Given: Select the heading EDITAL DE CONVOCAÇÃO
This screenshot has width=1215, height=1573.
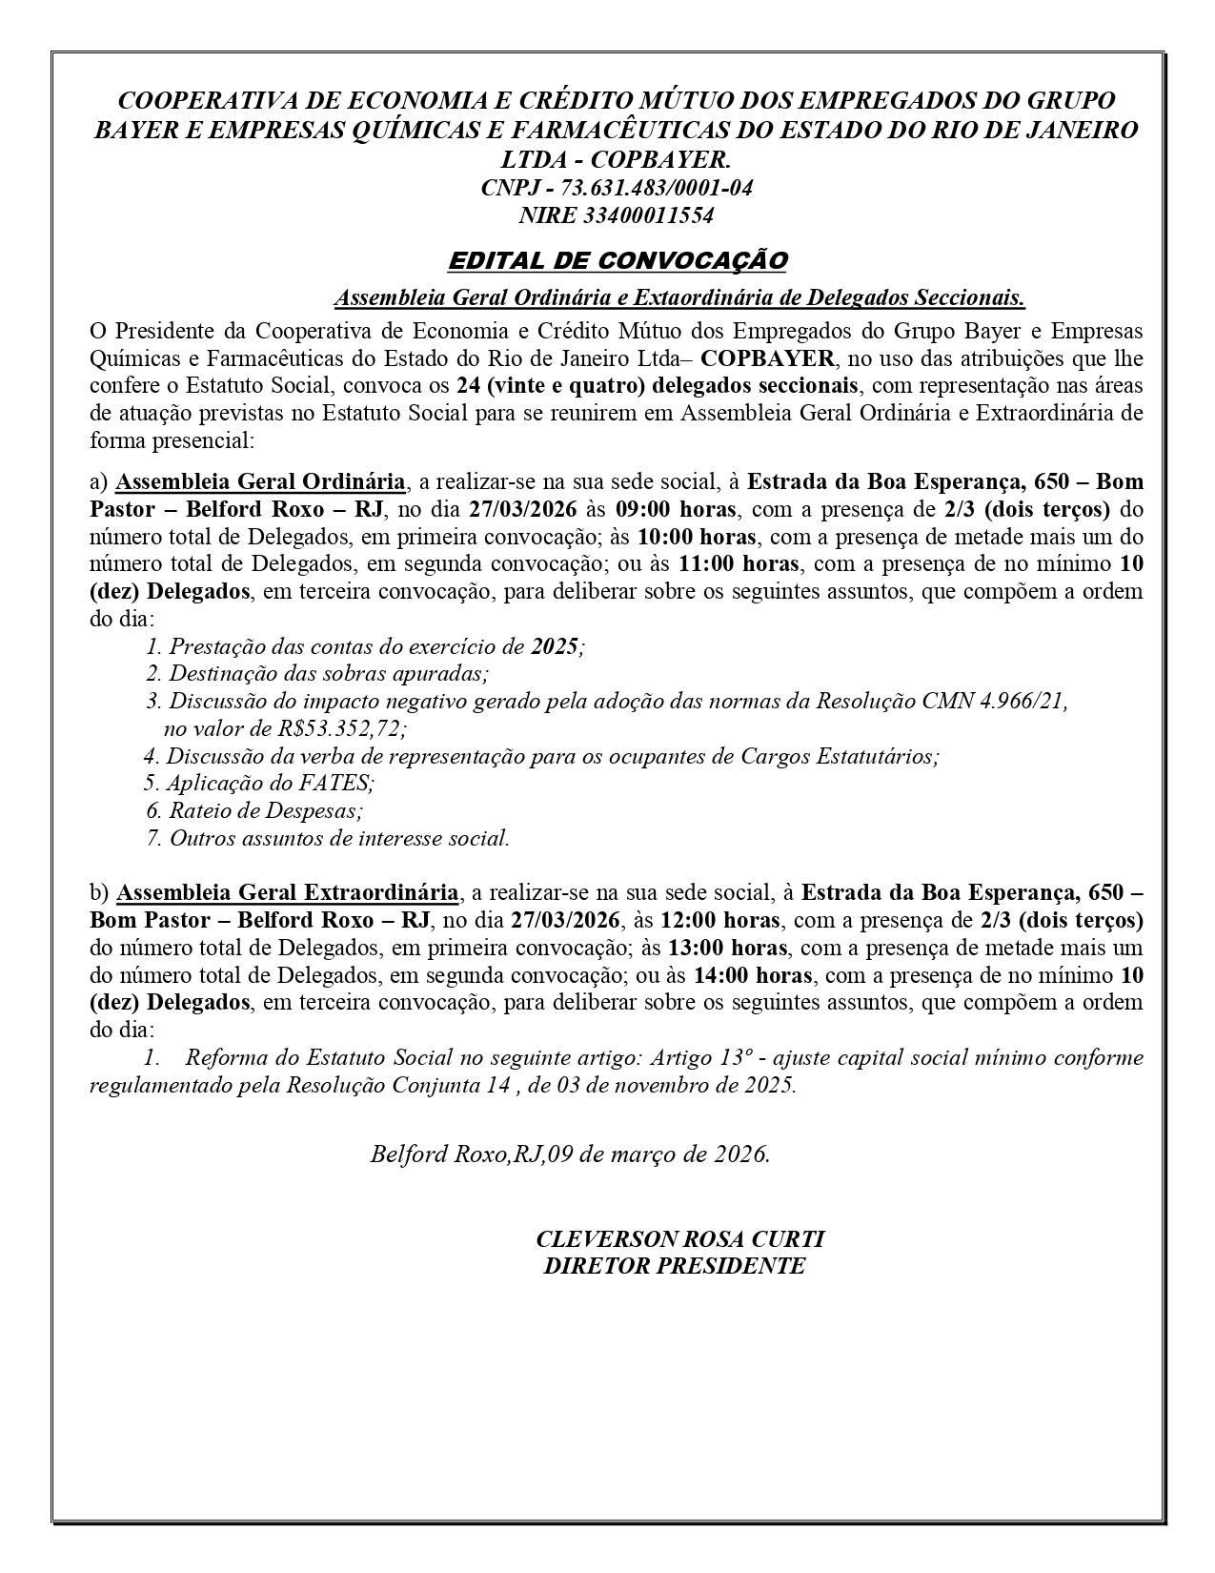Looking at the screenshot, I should tap(618, 260).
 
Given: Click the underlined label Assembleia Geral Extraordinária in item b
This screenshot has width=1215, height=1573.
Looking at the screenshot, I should tap(287, 893).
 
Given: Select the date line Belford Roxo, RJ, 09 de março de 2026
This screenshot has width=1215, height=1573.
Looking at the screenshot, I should tap(570, 1154).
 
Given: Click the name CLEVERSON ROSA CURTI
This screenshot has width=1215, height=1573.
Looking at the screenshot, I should tap(679, 1239).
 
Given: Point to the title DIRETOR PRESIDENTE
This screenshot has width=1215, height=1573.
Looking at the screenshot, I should tap(674, 1266).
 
